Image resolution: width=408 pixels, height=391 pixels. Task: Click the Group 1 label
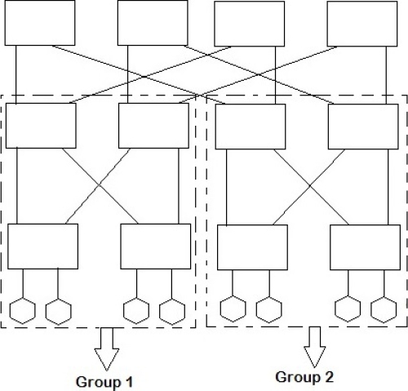tap(104, 381)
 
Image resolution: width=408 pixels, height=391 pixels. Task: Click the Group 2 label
tap(304, 376)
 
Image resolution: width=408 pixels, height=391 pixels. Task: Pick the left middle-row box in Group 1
tap(41, 125)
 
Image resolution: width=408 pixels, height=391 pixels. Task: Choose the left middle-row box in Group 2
tap(251, 127)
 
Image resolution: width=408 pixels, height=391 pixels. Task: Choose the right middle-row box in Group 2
tap(362, 127)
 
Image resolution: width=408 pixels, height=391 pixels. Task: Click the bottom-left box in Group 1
tap(43, 247)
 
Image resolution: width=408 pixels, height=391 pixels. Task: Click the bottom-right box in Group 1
tap(155, 247)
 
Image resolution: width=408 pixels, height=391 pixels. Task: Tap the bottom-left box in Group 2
tap(252, 247)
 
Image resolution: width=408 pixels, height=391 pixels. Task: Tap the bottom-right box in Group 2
tap(364, 247)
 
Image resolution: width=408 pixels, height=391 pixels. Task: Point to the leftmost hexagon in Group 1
tap(24, 311)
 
